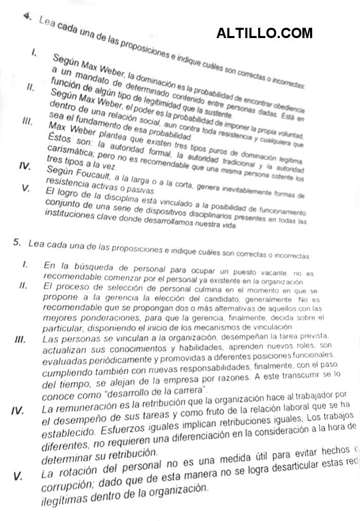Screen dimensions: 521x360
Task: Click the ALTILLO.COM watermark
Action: [264, 33]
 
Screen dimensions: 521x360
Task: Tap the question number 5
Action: [17, 243]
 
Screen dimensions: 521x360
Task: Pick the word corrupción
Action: [67, 485]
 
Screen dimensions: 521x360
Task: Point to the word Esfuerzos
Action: [127, 429]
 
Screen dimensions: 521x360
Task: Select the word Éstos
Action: [60, 139]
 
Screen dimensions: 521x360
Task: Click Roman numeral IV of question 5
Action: [18, 410]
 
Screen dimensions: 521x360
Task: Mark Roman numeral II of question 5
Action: [23, 285]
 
